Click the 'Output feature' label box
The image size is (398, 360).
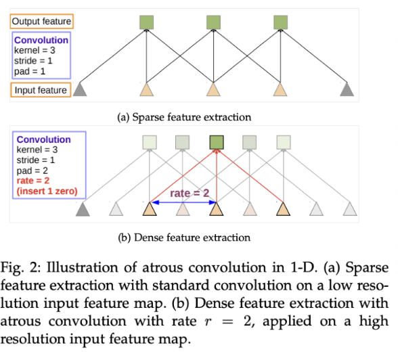(42, 21)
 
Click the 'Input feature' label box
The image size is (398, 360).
(41, 90)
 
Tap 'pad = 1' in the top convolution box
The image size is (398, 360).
(30, 71)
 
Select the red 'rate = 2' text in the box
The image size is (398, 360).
(33, 181)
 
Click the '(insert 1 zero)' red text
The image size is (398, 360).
(47, 191)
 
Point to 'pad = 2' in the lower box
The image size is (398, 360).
(32, 171)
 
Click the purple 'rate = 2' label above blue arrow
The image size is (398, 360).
(190, 194)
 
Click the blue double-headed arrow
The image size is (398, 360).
(183, 202)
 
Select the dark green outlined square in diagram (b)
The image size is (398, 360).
(217, 142)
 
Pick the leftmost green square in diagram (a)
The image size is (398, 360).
(146, 22)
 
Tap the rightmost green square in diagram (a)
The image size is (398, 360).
(280, 22)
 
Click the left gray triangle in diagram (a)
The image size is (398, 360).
(80, 89)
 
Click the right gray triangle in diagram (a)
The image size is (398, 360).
(347, 89)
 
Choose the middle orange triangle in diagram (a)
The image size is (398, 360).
(213, 89)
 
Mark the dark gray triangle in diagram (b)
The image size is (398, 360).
(83, 210)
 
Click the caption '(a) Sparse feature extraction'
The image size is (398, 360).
(184, 117)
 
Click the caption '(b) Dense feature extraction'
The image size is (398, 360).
(184, 238)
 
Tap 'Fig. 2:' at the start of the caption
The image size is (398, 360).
(20, 268)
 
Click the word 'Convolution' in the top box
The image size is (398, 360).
(41, 40)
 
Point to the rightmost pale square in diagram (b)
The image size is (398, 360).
(284, 142)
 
